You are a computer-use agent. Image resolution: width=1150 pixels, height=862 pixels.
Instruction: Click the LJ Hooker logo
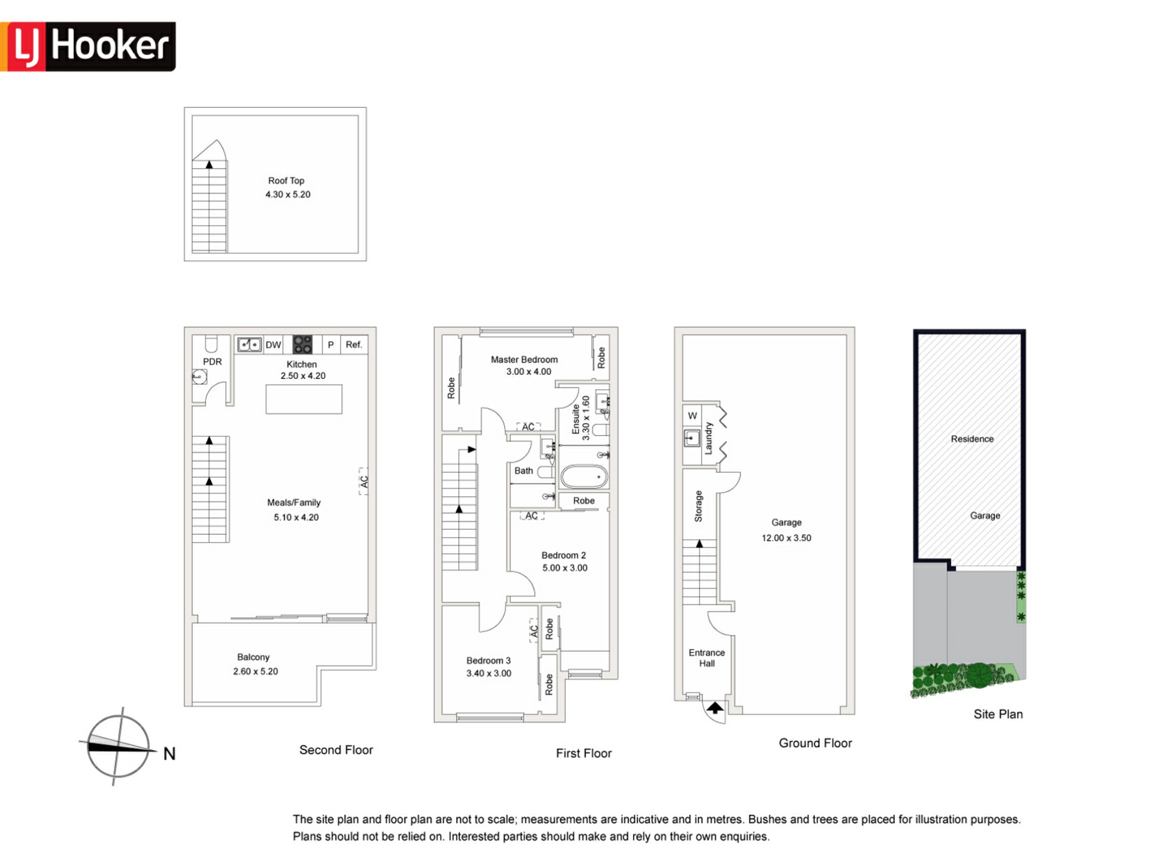[x=88, y=47]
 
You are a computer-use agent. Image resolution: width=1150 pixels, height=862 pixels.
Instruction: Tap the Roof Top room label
[x=286, y=181]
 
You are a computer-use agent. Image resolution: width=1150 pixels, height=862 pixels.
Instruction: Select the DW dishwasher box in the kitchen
[x=273, y=345]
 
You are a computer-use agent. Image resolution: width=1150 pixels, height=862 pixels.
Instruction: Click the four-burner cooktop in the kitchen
[x=302, y=345]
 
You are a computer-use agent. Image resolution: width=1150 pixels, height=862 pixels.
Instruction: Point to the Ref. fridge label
[x=354, y=345]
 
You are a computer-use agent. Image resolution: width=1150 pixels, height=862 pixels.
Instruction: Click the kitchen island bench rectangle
[x=304, y=399]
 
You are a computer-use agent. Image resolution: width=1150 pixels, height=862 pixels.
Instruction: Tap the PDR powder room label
[x=212, y=362]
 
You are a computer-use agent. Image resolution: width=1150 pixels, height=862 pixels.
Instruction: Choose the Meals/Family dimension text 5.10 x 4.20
[x=296, y=517]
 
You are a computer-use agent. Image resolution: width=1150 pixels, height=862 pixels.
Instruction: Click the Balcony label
[x=253, y=657]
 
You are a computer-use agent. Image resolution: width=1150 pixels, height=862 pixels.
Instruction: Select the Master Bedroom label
[x=524, y=360]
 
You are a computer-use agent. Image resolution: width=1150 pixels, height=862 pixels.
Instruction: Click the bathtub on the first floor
[x=584, y=477]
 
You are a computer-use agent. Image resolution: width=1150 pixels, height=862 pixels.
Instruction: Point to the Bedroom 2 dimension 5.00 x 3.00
[x=565, y=568]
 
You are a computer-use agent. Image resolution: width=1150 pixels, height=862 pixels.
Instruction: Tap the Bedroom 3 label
[x=489, y=660]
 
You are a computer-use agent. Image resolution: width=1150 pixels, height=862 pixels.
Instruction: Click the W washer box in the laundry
[x=692, y=415]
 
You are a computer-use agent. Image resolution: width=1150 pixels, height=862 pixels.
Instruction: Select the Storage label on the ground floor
[x=698, y=506]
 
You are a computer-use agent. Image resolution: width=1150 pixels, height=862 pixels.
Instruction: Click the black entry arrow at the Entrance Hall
[x=715, y=708]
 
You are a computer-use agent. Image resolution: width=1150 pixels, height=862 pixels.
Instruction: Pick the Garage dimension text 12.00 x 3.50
[x=786, y=538]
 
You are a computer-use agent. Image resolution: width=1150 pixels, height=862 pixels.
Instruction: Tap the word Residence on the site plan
[x=972, y=439]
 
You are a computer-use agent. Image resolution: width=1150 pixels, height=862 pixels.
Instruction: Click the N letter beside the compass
[x=170, y=754]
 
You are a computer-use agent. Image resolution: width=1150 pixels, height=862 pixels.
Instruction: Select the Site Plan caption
[x=998, y=714]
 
